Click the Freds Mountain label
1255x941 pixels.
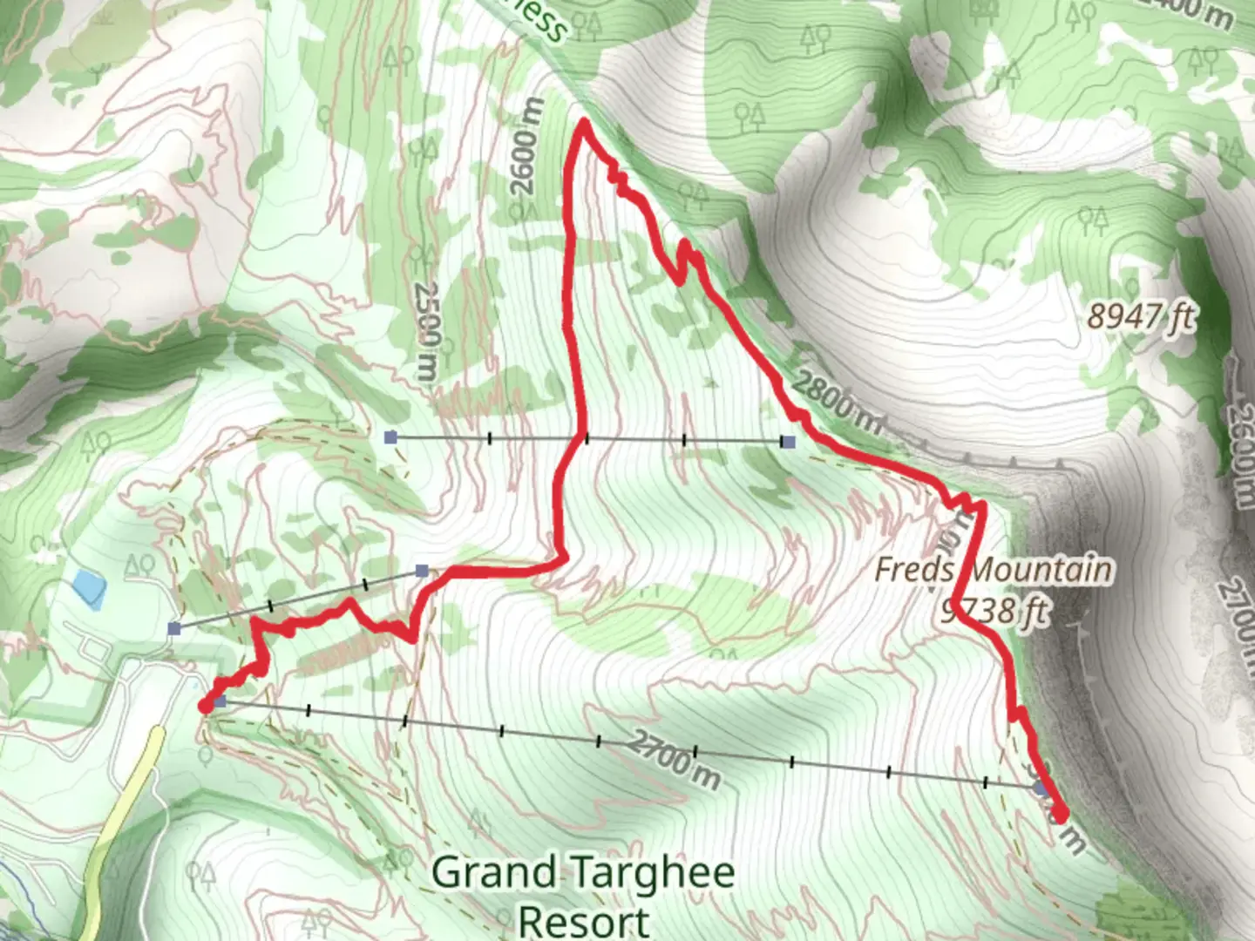(x=994, y=571)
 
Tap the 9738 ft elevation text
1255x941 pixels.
(x=994, y=612)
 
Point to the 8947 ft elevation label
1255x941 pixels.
(x=1140, y=315)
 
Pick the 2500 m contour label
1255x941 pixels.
(x=426, y=331)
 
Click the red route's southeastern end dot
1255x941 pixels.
(x=1060, y=814)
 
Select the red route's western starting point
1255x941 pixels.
(x=206, y=706)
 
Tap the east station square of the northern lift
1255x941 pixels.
(x=789, y=442)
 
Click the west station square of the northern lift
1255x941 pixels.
(x=391, y=437)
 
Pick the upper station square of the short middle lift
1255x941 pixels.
(x=422, y=571)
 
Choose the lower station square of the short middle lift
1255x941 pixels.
(x=174, y=628)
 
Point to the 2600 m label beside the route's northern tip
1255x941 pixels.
(x=526, y=148)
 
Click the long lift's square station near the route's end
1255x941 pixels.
(x=1040, y=789)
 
